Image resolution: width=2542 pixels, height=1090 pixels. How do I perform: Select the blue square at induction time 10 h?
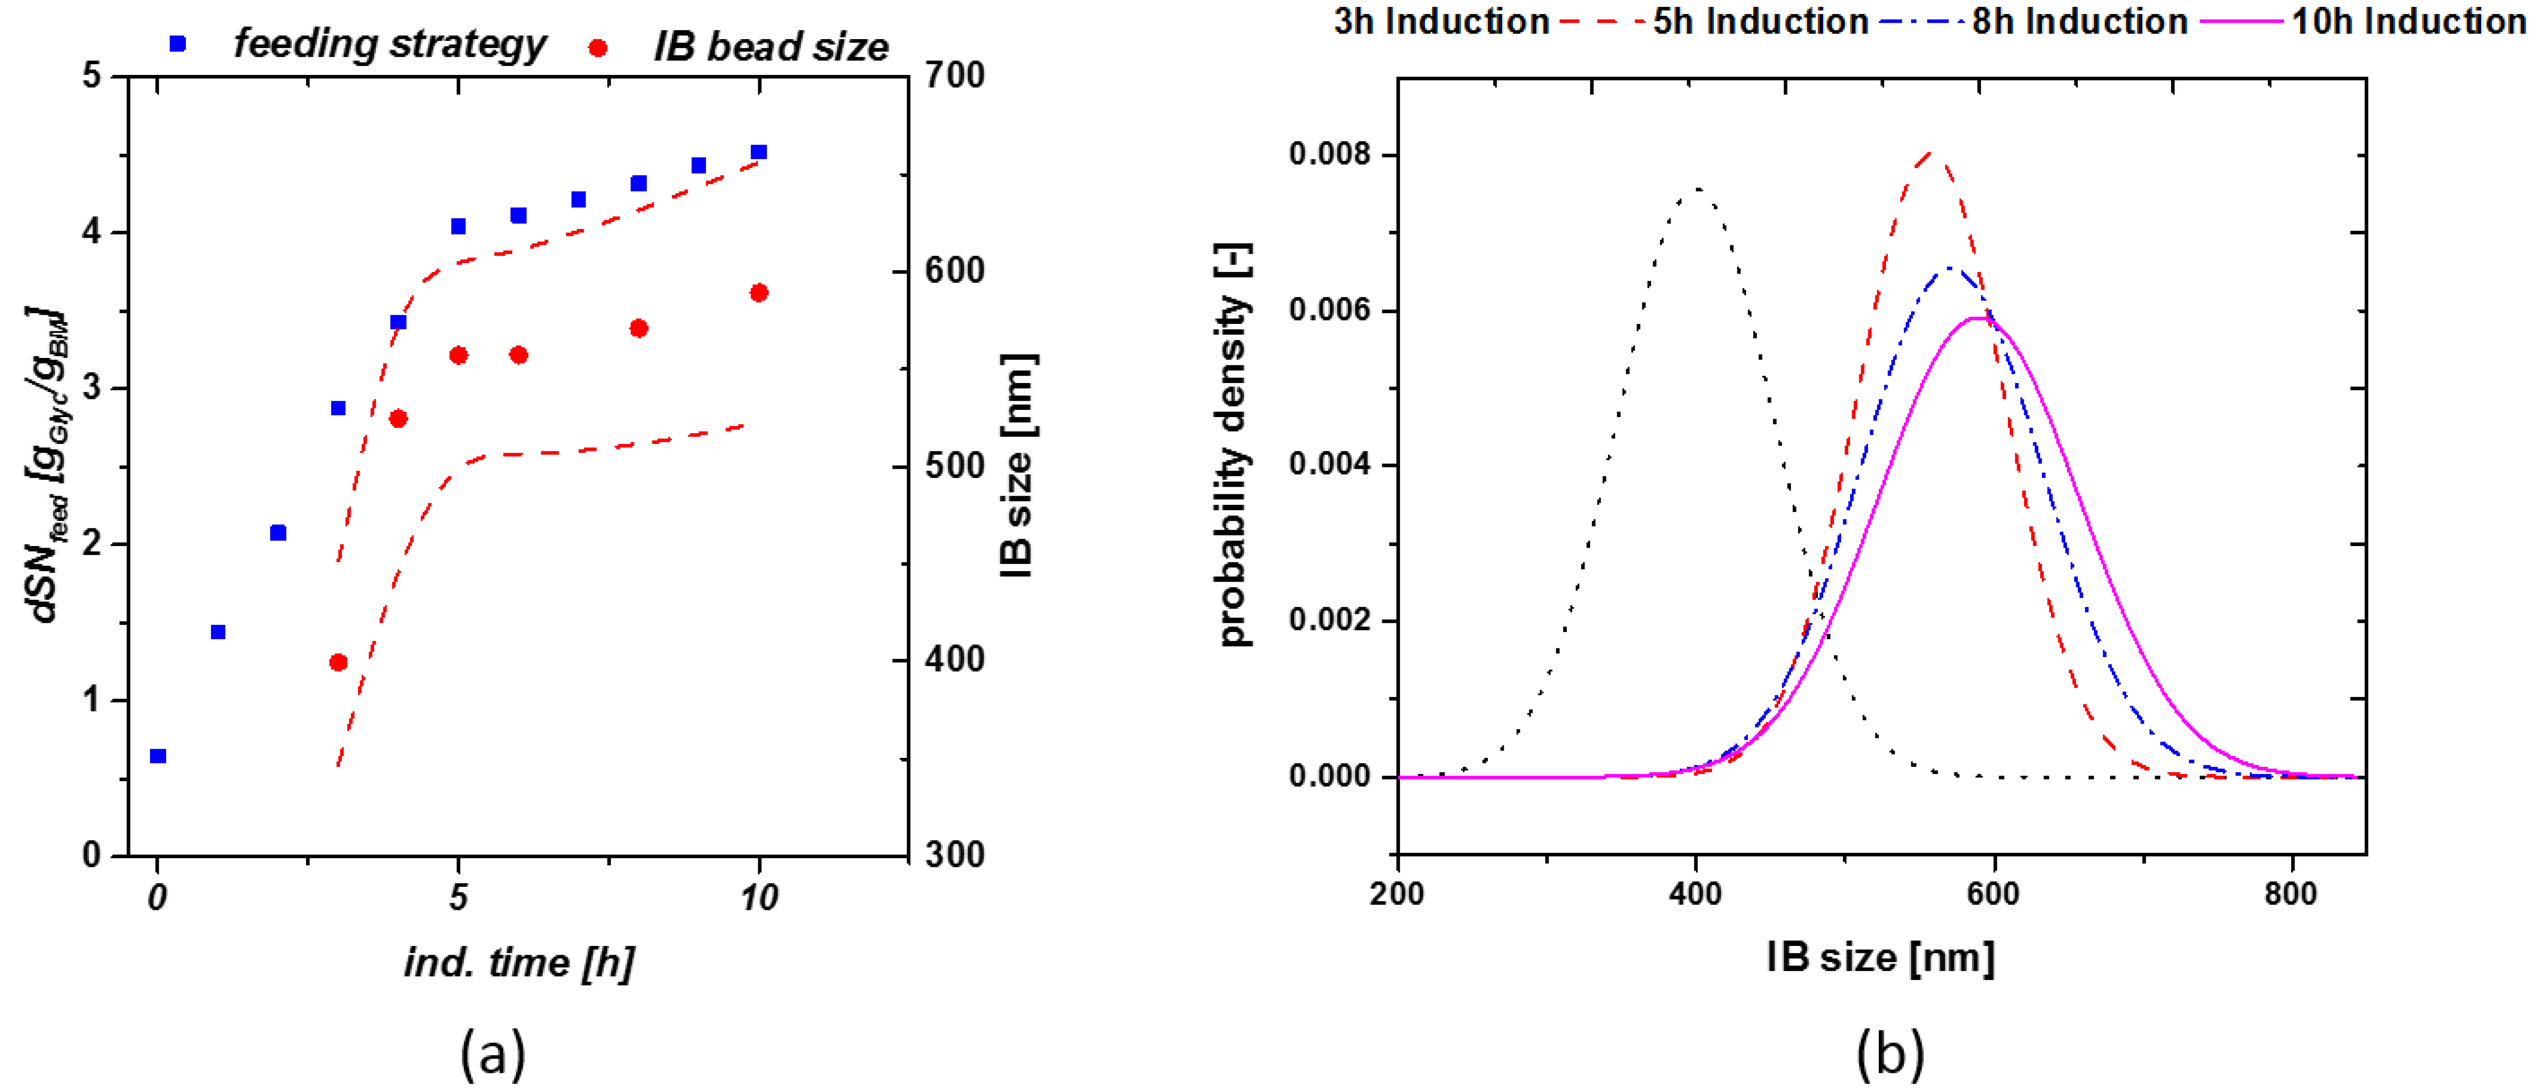759,152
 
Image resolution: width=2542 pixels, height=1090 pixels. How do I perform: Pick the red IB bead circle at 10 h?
759,293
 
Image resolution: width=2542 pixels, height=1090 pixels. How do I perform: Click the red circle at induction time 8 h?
639,328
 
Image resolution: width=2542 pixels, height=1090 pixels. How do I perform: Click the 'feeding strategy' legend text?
390,45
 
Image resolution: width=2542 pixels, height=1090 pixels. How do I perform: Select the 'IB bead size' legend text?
771,46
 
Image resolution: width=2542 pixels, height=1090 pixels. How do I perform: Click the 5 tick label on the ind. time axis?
458,898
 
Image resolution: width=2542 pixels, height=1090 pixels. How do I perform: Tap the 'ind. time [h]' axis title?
519,962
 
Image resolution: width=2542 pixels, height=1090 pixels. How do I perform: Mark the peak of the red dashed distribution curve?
1931,153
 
